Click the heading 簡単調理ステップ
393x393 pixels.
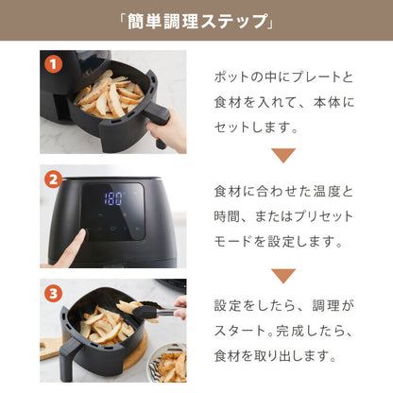[x=196, y=22]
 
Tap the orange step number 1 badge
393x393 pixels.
[x=52, y=65]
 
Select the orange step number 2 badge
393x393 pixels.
[x=52, y=179]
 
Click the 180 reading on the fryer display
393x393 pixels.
[x=112, y=200]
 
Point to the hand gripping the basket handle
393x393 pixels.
[x=170, y=132]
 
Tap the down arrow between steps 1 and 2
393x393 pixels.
[x=283, y=155]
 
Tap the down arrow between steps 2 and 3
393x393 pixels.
[x=283, y=275]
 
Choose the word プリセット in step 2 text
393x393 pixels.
[x=321, y=216]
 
